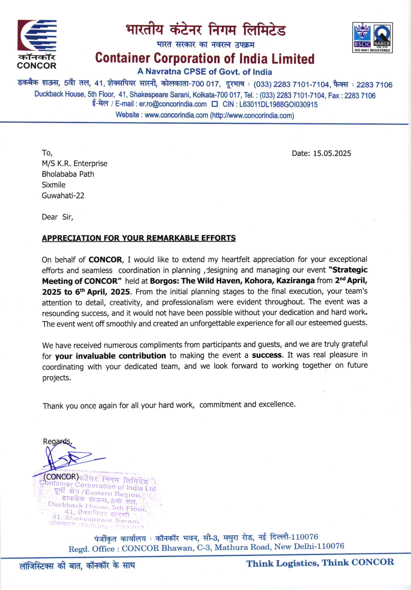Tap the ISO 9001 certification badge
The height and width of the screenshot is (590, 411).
coord(372,37)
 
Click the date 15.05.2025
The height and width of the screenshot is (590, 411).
coord(332,153)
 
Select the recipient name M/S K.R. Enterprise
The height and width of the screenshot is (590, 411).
coord(74,163)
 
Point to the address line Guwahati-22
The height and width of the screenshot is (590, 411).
coord(63,196)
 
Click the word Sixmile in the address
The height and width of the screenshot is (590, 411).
coord(53,185)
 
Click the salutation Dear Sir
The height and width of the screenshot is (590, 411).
coord(57,217)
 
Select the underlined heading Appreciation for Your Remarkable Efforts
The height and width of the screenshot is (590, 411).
coord(138,238)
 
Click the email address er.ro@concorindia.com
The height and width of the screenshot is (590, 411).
coord(173,104)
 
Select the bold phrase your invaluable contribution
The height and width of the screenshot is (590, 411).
coord(110,356)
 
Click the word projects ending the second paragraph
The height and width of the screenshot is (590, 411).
coord(56,378)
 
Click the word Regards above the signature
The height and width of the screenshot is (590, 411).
coord(57,442)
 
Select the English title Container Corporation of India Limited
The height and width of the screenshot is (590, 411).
coord(204,58)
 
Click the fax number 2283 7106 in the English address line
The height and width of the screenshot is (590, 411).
coord(360,96)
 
